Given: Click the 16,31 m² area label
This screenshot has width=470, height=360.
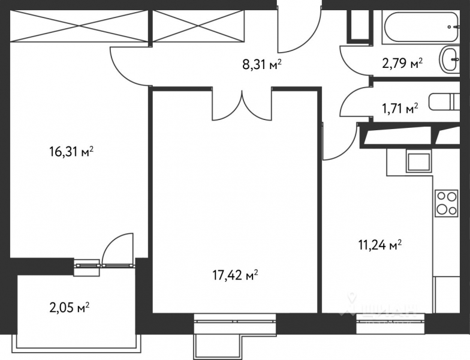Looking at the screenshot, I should click(x=71, y=152).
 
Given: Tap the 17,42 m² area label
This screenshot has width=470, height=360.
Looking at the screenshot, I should click(x=235, y=276).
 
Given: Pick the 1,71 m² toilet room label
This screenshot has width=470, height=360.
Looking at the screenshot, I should click(x=400, y=109).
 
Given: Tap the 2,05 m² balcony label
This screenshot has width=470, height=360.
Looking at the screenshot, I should click(x=69, y=308).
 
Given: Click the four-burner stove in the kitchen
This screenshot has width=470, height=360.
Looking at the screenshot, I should click(x=446, y=203).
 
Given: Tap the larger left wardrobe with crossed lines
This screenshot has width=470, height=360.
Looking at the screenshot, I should click(x=80, y=26).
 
